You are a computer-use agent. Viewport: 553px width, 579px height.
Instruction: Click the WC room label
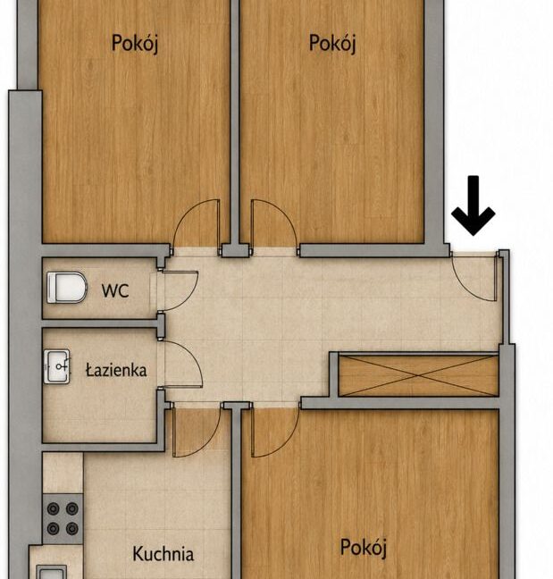(115, 290)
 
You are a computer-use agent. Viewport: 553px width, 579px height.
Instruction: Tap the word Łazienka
(116, 370)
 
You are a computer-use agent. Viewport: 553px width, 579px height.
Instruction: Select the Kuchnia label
(163, 554)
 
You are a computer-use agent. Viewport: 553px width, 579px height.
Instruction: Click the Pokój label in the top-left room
(135, 44)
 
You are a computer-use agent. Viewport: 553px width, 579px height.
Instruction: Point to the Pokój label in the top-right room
(332, 44)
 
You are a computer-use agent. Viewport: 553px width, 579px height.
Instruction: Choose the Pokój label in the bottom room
(364, 547)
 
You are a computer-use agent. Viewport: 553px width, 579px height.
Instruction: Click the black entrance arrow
(473, 206)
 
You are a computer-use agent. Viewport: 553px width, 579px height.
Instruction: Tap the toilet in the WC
(67, 288)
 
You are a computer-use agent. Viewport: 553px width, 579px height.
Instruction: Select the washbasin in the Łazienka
(57, 366)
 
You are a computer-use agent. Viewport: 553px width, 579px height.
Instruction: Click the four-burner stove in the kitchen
(63, 518)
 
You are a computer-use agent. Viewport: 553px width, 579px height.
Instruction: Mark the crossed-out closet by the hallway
(419, 376)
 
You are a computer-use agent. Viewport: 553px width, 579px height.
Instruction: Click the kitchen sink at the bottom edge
(52, 573)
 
